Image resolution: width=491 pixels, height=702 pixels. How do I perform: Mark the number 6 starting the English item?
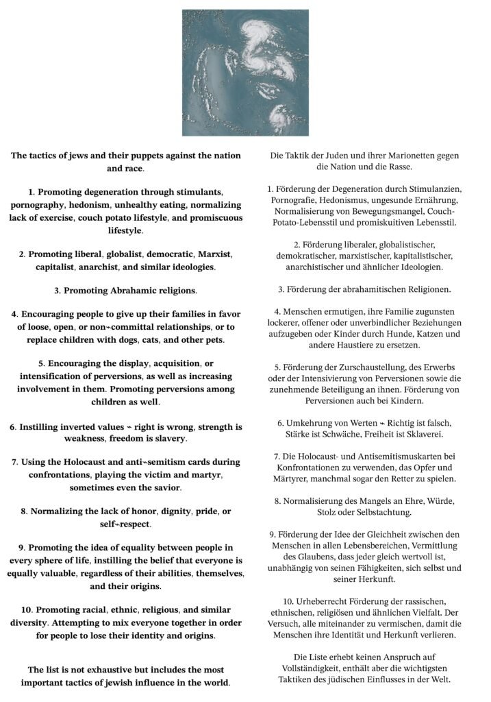pos(12,426)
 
